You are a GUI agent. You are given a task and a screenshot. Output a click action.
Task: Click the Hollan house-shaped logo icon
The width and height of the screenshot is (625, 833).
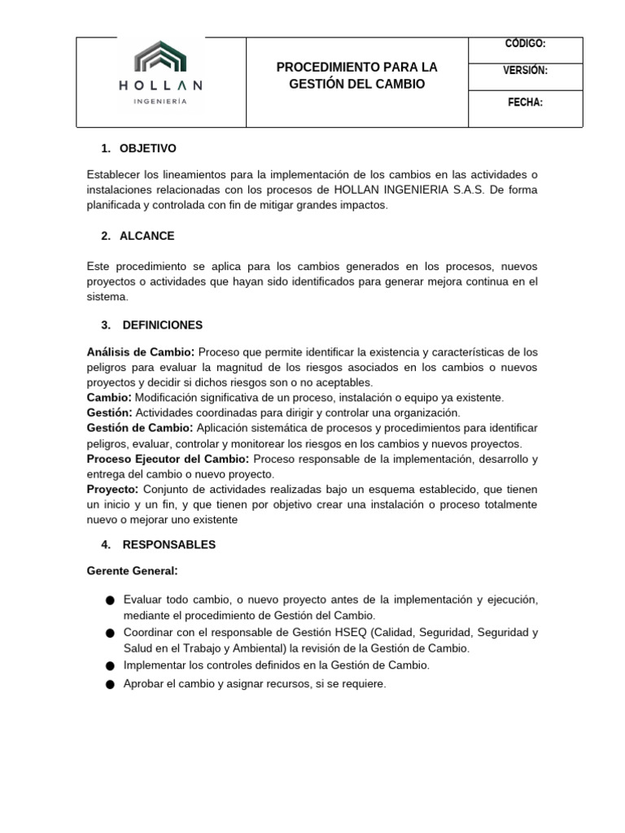click(160, 59)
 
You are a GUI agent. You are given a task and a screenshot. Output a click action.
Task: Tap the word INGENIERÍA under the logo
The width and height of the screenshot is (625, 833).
click(160, 102)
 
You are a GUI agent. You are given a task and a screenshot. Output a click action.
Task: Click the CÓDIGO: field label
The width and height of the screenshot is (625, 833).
click(525, 44)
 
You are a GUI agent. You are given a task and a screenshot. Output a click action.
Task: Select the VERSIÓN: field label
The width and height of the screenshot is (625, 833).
click(525, 71)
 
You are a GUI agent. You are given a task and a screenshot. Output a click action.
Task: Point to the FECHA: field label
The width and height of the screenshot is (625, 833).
click(525, 102)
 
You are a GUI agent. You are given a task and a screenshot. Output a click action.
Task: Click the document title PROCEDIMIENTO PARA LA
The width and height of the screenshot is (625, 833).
click(356, 67)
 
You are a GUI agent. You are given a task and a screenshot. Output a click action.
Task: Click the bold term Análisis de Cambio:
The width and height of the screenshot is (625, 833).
click(141, 352)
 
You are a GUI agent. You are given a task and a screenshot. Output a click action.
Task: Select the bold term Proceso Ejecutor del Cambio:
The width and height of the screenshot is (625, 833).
click(168, 459)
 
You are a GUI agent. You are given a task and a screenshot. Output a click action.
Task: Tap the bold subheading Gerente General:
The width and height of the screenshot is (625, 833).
click(132, 571)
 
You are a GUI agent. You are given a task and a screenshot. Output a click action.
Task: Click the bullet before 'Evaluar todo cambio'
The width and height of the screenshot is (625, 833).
click(110, 600)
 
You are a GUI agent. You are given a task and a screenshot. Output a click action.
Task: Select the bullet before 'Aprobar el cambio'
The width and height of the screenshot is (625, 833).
click(110, 685)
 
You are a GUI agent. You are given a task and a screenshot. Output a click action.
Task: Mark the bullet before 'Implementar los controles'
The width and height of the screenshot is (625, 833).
click(110, 665)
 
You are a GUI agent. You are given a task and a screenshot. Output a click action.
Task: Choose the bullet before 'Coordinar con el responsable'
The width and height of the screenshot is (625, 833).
click(110, 633)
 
